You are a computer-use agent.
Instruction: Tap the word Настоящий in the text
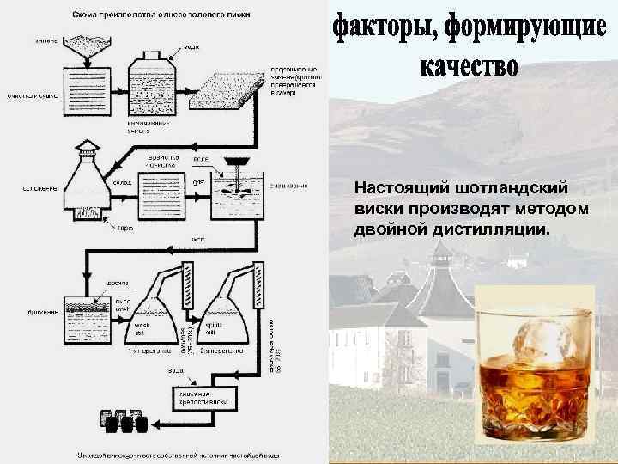coord(403,188)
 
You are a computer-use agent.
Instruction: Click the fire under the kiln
coord(85,214)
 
